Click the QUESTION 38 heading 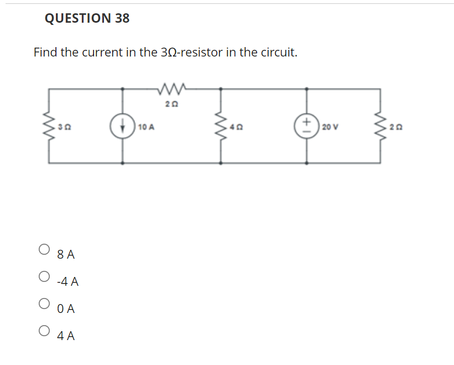[87, 18]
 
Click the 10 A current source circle [122, 125]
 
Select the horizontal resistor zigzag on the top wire [173, 88]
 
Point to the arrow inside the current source [122, 125]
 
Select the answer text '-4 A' [67, 282]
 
